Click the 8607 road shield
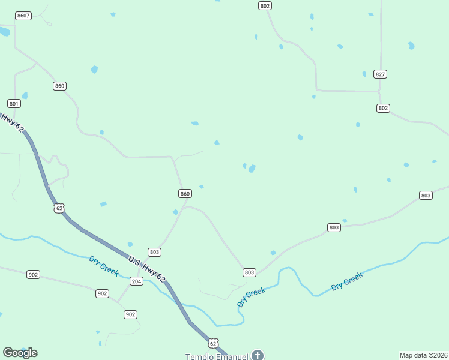[x=23, y=15]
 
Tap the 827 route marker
[x=380, y=74]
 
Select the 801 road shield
[x=14, y=103]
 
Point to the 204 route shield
[x=136, y=281]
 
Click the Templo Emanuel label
[x=217, y=356]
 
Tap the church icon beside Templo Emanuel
[x=258, y=355]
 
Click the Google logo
[x=20, y=353]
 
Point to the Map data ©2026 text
[x=423, y=355]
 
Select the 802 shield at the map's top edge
[x=265, y=5]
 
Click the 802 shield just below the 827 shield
[x=384, y=108]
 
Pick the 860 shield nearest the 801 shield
[x=59, y=86]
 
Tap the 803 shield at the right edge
[x=426, y=195]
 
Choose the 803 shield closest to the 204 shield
[x=154, y=252]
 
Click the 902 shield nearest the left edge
[x=33, y=274]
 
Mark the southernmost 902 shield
[x=130, y=314]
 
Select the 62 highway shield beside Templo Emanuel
[x=213, y=343]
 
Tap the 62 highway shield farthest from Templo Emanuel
[x=58, y=208]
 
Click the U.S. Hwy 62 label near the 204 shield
[x=146, y=268]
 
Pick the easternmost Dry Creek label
[x=347, y=282]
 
